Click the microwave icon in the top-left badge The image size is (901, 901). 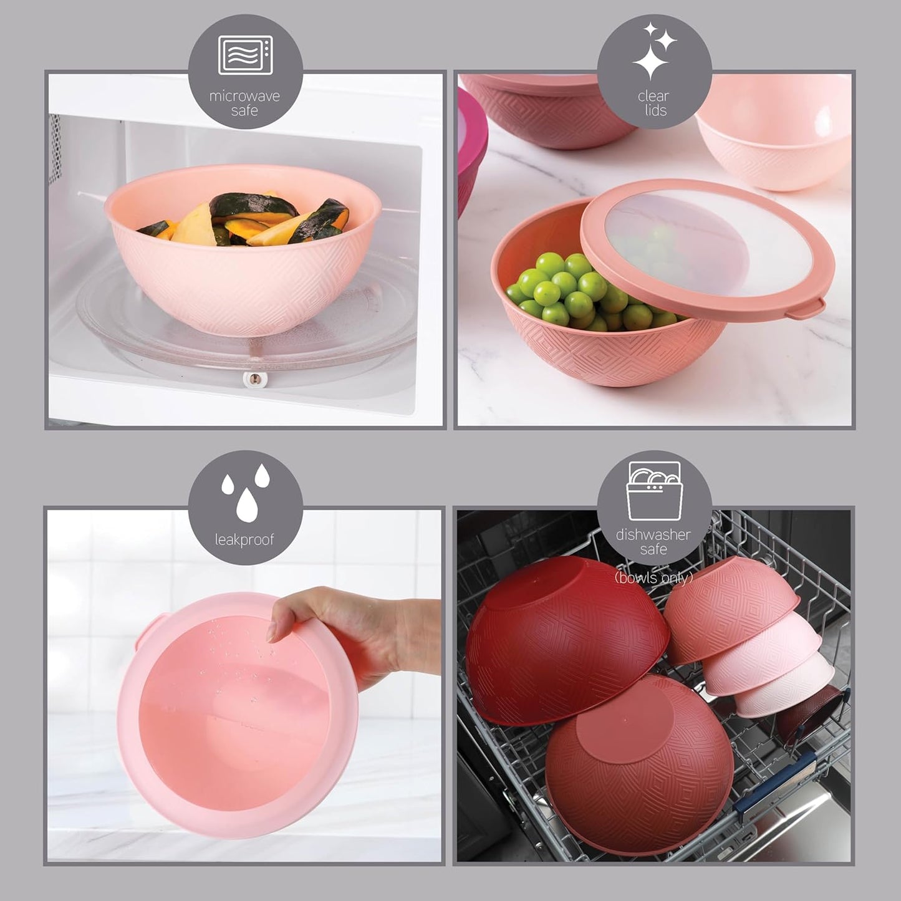point(244,55)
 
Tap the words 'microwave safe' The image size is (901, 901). point(244,104)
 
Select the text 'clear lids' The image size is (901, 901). point(653,104)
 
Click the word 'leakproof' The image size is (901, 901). point(244,540)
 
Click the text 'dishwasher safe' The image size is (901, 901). point(653,542)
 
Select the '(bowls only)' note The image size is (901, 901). point(653,578)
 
